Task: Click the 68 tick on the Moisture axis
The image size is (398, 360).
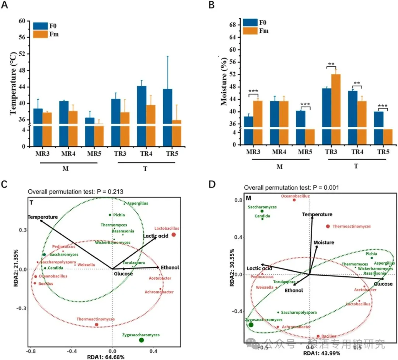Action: pos(232,25)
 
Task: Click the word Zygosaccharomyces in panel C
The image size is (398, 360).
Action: pos(141,335)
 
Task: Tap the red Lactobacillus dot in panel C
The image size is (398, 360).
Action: pos(174,235)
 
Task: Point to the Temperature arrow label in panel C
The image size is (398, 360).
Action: pos(42,217)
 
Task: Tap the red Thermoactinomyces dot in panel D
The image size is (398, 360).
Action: pos(328,226)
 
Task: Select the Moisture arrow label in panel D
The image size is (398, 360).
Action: pos(324,242)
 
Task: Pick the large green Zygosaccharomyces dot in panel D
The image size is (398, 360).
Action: pos(251,325)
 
